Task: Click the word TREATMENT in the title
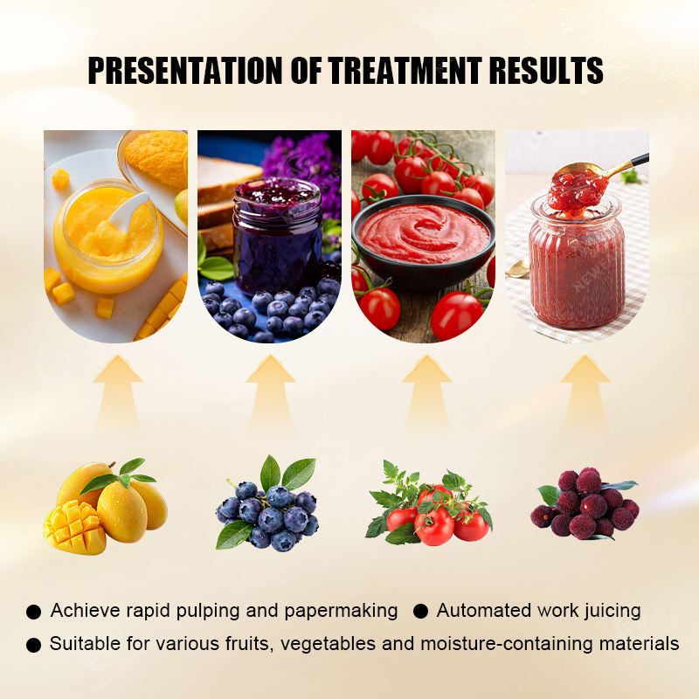405,71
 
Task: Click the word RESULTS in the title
546,71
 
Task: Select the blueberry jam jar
277,236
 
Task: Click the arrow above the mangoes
118,392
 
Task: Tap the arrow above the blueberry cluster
271,392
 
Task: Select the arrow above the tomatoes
427,392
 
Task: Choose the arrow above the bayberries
585,392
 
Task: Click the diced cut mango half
74,528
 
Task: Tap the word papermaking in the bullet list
341,611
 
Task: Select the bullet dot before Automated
420,612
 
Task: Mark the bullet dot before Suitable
33,645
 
